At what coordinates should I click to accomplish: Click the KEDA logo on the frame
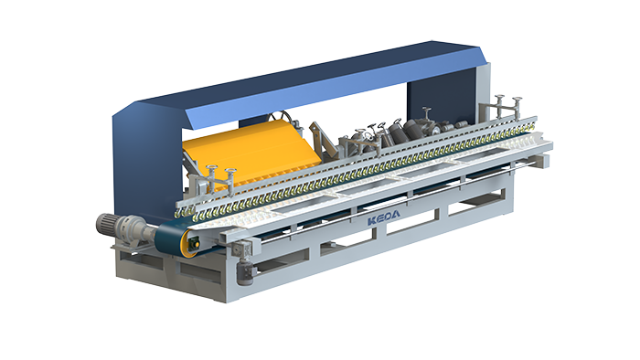point(384,217)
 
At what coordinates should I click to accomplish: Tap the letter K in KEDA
point(372,221)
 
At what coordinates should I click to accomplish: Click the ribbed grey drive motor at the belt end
point(106,223)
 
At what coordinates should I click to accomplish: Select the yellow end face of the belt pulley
point(191,243)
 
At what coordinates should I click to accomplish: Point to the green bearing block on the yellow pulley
point(194,243)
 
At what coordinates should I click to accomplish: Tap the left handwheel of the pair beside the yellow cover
point(211,168)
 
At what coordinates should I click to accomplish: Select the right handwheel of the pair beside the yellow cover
point(230,171)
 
